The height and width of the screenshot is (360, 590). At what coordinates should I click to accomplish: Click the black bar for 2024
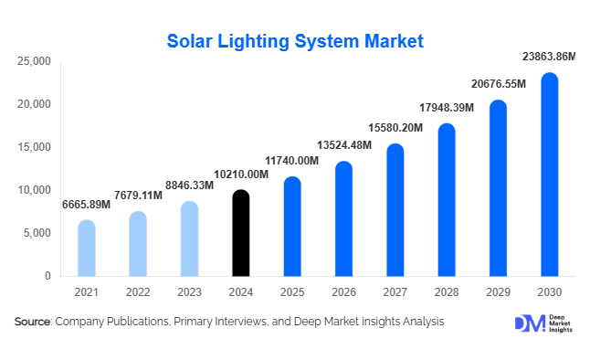[241, 233]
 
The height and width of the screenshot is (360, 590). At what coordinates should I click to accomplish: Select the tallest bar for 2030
[550, 175]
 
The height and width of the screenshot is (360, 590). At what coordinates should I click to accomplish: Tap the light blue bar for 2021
[87, 249]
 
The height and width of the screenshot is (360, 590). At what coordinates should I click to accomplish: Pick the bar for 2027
[395, 210]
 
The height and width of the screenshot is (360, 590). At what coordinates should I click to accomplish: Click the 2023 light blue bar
[189, 238]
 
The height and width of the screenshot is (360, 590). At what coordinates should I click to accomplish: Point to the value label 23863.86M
[549, 57]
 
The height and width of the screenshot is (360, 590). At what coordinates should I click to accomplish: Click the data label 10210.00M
[241, 175]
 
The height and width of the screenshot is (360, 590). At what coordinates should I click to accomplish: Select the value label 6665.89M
[86, 205]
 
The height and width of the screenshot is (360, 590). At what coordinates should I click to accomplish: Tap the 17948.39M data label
[447, 108]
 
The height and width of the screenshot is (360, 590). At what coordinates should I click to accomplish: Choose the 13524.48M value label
[344, 145]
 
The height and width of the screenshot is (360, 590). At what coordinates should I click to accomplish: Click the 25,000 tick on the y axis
[34, 61]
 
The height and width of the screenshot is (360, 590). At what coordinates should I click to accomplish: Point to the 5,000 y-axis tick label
[37, 233]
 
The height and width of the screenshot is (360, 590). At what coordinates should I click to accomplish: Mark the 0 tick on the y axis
[47, 276]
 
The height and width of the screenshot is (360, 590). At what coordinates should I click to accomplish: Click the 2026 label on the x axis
[343, 292]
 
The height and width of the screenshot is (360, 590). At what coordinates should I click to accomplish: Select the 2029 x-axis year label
[498, 292]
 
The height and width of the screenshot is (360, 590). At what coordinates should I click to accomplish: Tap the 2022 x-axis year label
[138, 292]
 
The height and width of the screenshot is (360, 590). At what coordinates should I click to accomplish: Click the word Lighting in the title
[254, 42]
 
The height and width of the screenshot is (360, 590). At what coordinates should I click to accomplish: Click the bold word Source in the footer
[32, 322]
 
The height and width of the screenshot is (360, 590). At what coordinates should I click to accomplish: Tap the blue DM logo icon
[530, 323]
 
